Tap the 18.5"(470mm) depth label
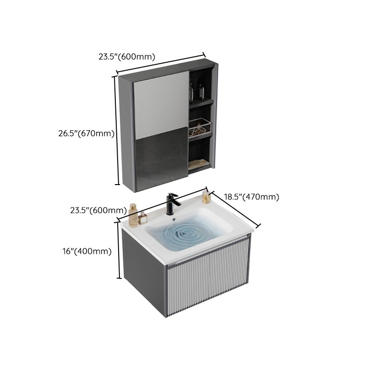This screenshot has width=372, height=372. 252,197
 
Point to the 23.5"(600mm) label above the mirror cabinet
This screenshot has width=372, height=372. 126,57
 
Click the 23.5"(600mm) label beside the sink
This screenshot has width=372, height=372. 98,210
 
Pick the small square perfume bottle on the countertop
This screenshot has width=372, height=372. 143,216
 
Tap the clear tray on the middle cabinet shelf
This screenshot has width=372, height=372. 200,128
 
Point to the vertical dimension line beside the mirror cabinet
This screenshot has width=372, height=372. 115,131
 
